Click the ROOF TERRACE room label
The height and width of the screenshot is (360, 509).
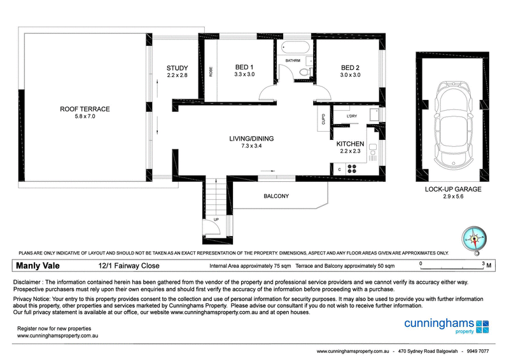tap(85, 109)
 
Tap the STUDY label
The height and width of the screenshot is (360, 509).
tap(178, 68)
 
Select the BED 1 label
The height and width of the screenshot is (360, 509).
tap(244, 67)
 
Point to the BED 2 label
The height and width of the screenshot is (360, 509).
tap(350, 67)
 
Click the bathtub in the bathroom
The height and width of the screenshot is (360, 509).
tap(294, 48)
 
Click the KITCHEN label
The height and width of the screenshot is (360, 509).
tap(350, 144)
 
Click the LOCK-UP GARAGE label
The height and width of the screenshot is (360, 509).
tap(452, 190)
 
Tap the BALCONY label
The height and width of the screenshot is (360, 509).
tap(276, 196)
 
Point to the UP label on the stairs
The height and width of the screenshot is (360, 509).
tap(216, 219)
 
